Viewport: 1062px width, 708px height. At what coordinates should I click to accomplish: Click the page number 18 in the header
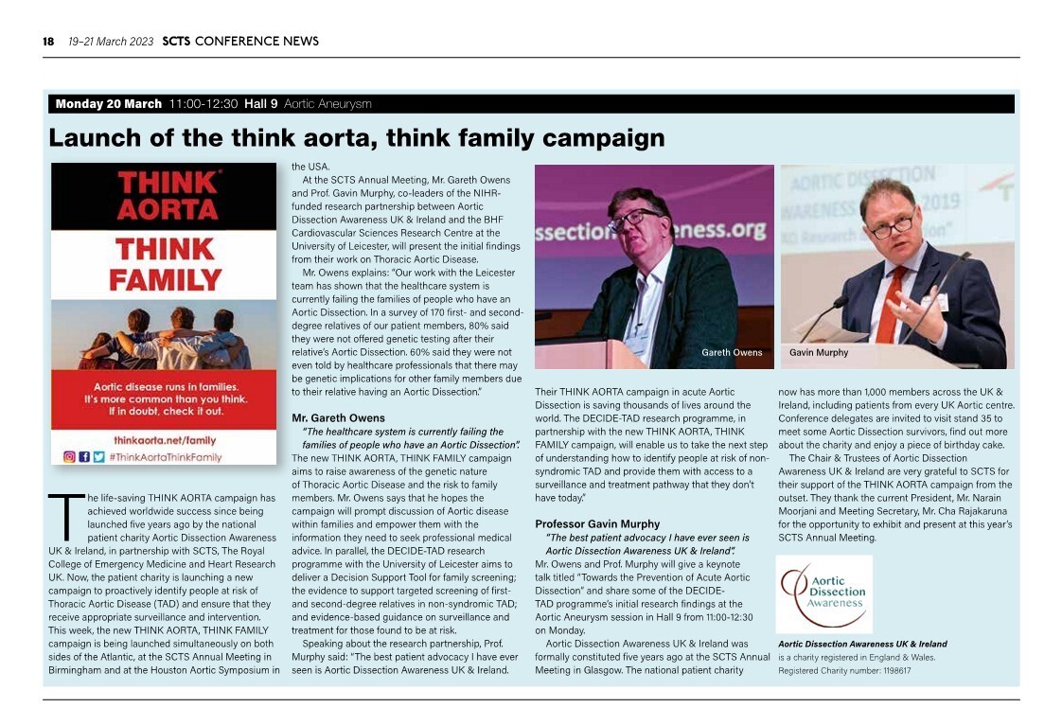pos(47,41)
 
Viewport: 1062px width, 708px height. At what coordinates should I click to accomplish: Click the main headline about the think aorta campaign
pos(356,138)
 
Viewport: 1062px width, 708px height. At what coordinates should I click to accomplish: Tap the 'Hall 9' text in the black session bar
pos(260,104)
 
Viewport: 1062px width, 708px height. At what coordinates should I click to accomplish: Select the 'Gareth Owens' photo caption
pos(731,353)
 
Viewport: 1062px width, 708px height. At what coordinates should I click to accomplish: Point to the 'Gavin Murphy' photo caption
pos(818,353)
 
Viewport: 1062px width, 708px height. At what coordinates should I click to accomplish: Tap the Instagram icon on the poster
pos(69,456)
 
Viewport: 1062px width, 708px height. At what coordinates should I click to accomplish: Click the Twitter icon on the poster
pos(98,456)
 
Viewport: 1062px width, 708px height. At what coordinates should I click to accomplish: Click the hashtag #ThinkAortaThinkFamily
pos(165,457)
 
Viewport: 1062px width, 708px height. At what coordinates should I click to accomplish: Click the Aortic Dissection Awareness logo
pos(823,593)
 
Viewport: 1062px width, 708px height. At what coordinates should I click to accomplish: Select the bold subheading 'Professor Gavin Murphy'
pos(597,523)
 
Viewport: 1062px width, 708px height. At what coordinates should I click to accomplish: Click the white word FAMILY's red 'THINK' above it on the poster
pos(164,250)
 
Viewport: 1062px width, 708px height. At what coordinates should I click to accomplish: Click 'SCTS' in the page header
pos(176,41)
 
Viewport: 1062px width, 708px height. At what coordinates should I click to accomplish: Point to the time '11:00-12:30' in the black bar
pos(203,104)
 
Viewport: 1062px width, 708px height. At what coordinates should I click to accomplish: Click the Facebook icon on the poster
pos(84,456)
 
